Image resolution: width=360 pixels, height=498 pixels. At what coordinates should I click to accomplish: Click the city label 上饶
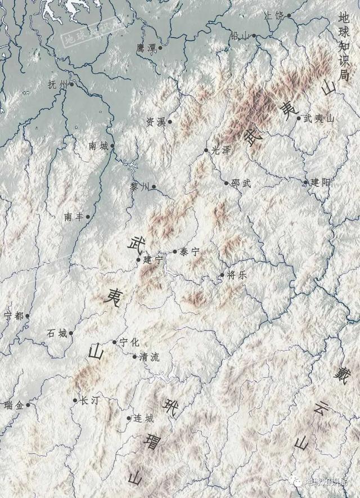pyautogui.click(x=274, y=16)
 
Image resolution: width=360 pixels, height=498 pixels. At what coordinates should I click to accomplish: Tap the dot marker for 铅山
pyautogui.click(x=254, y=36)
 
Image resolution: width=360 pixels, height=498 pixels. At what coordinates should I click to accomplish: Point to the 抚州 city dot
pyautogui.click(x=71, y=85)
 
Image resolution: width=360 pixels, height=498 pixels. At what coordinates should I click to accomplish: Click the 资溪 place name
pyautogui.click(x=156, y=122)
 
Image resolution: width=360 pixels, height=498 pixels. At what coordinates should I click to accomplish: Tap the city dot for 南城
pyautogui.click(x=112, y=146)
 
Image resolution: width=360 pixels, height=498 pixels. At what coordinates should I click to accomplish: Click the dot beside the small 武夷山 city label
pyautogui.click(x=299, y=118)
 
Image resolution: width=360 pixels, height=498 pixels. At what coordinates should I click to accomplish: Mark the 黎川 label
pyautogui.click(x=140, y=187)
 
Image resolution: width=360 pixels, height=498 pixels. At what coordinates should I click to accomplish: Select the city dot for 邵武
pyautogui.click(x=227, y=183)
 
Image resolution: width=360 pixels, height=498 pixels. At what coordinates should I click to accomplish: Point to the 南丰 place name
pyautogui.click(x=74, y=217)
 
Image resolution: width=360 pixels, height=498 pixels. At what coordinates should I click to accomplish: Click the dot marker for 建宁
pyautogui.click(x=139, y=259)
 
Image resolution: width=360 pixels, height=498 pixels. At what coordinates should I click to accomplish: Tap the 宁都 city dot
pyautogui.click(x=27, y=316)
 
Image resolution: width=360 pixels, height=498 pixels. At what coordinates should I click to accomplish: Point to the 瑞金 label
pyautogui.click(x=13, y=405)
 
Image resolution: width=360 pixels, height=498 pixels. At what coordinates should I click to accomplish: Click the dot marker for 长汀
pyautogui.click(x=75, y=401)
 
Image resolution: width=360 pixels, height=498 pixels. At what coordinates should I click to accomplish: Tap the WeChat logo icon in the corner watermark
pyautogui.click(x=295, y=481)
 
